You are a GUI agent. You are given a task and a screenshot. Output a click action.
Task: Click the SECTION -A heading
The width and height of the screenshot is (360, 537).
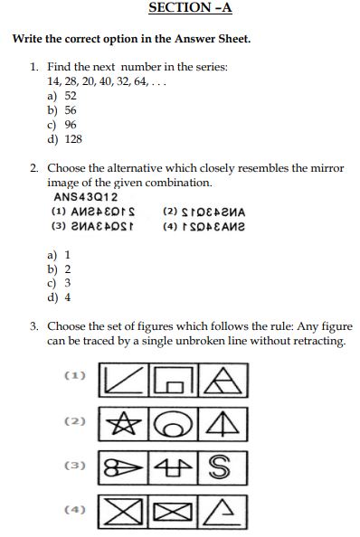pyautogui.click(x=190, y=8)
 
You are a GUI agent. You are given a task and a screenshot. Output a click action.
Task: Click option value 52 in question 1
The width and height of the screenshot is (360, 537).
pyautogui.click(x=71, y=95)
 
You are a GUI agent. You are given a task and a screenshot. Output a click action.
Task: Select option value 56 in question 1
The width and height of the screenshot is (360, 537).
pyautogui.click(x=71, y=109)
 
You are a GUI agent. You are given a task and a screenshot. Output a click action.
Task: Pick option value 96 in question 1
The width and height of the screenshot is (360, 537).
pyautogui.click(x=71, y=124)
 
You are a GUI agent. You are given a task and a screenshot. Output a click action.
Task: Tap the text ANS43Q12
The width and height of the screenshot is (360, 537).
pyautogui.click(x=86, y=196)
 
